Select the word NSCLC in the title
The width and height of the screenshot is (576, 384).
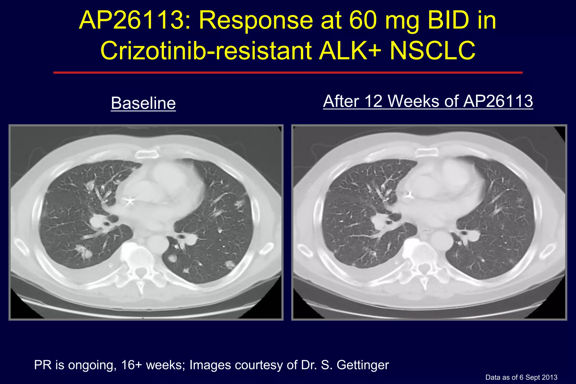[x=432, y=51]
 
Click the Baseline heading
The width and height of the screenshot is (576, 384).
[x=143, y=103]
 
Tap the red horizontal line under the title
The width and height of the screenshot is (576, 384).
[x=288, y=73]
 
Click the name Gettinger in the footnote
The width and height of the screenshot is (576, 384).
[x=363, y=365]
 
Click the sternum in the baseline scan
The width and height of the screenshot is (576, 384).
[x=146, y=154]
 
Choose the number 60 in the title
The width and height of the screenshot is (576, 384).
[x=363, y=21]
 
